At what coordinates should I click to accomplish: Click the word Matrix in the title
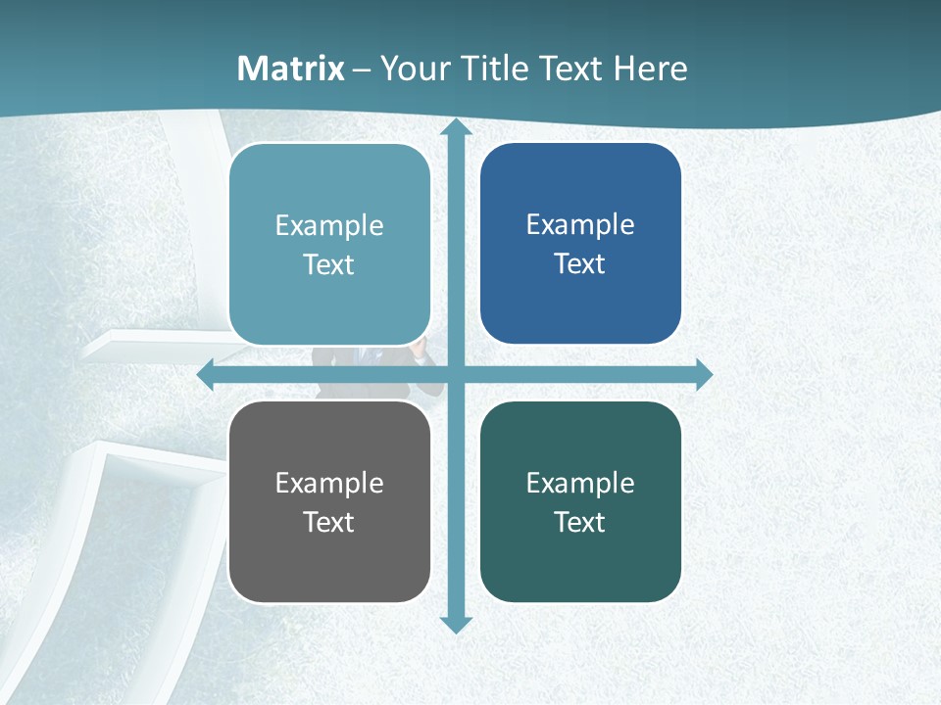click(291, 69)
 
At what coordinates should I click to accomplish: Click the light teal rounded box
click(329, 245)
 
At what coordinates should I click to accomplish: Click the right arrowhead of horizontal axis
click(704, 374)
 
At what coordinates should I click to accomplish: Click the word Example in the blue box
click(580, 224)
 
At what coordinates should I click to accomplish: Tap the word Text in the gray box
click(329, 522)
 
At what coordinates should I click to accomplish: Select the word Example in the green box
click(580, 483)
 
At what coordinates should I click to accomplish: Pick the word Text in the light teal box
click(329, 264)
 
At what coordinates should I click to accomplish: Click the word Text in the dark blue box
click(580, 263)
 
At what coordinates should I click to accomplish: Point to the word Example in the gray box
click(329, 483)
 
